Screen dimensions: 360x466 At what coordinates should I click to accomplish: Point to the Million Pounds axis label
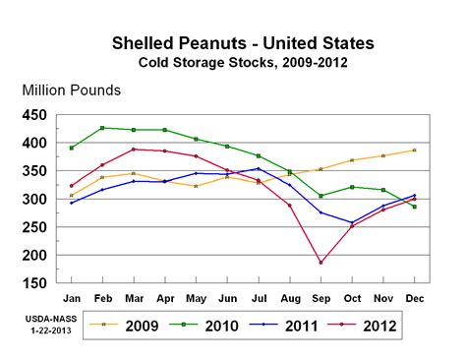point(71,90)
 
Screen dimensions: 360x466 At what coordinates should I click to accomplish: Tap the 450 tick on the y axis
point(34,115)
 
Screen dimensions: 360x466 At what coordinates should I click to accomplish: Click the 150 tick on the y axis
point(34,283)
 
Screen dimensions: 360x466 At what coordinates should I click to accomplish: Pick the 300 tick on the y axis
point(34,200)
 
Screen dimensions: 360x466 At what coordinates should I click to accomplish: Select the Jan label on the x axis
point(72,296)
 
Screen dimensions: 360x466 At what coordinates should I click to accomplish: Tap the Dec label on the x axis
point(414,296)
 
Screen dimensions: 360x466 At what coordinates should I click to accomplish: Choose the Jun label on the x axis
point(227,296)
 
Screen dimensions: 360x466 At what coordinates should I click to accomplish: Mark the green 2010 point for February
point(102,128)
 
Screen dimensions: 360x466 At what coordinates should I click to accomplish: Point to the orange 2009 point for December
point(414,150)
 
